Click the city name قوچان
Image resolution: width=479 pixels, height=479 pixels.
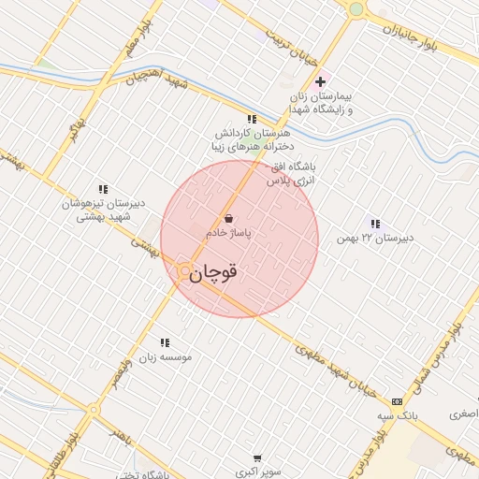tap(213, 273)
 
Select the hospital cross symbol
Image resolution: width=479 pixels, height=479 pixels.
tap(321, 80)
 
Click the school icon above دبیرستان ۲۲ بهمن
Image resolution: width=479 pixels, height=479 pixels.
tap(375, 224)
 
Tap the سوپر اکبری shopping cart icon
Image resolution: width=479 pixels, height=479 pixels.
tap(256, 458)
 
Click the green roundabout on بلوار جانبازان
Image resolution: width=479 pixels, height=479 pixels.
tap(356, 9)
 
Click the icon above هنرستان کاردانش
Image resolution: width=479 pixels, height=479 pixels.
tap(252, 119)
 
